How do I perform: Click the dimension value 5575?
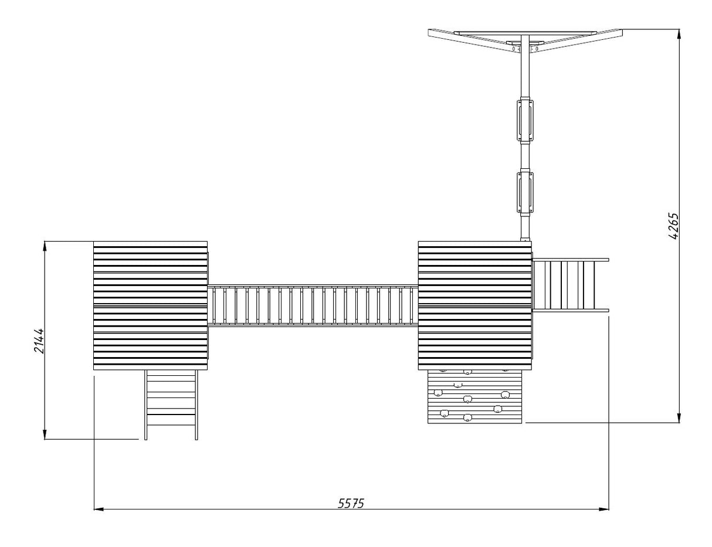tap(351, 503)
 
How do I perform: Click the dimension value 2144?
tap(39, 341)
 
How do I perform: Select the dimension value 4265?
tap(673, 226)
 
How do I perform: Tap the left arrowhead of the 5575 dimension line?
tap(99, 509)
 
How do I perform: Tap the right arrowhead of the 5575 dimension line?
tap(604, 509)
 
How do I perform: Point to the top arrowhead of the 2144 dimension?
tap(45, 246)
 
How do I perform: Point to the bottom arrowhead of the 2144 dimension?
tap(45, 434)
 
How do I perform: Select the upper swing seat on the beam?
tap(525, 121)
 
